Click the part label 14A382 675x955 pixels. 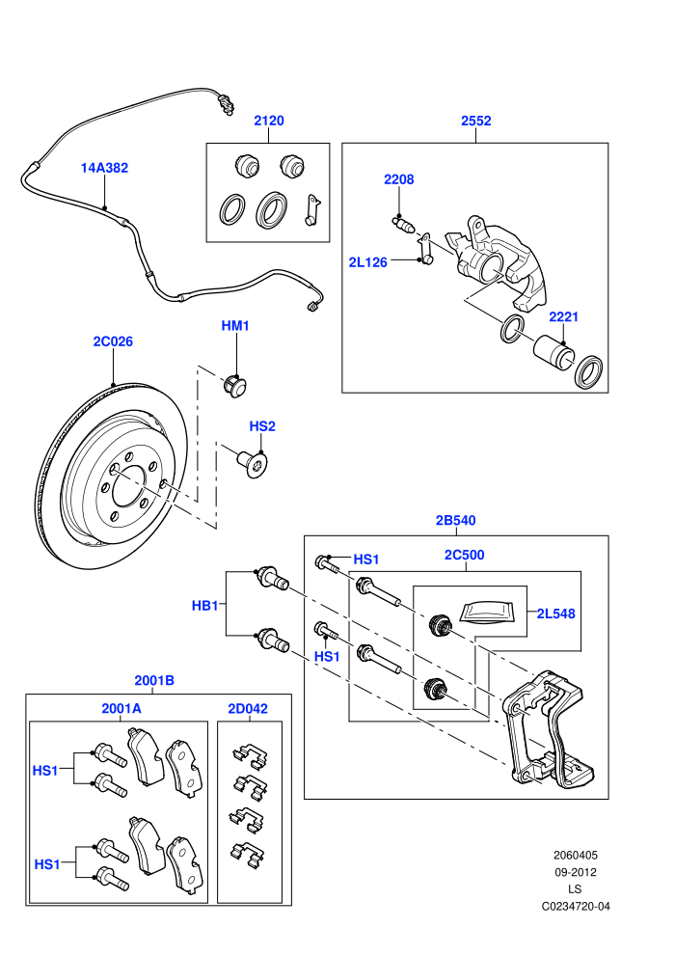pos(105,168)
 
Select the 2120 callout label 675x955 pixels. pos(268,121)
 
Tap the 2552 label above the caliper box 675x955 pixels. pos(475,121)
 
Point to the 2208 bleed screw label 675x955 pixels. pos(398,179)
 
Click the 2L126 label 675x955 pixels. pos(367,262)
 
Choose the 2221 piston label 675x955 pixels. pos(563,316)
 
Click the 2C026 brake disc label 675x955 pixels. pos(113,341)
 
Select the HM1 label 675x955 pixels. pos(235,326)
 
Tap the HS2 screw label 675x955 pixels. pos(262,426)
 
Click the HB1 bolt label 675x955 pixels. pos(204,606)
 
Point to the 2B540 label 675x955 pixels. pos(455,520)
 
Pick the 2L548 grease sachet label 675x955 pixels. pos(555,614)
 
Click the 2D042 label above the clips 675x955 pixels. pos(248,708)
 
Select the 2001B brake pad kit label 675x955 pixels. pos(154,680)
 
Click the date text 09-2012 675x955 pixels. pos(575,872)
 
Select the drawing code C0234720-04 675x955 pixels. pos(575,906)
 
